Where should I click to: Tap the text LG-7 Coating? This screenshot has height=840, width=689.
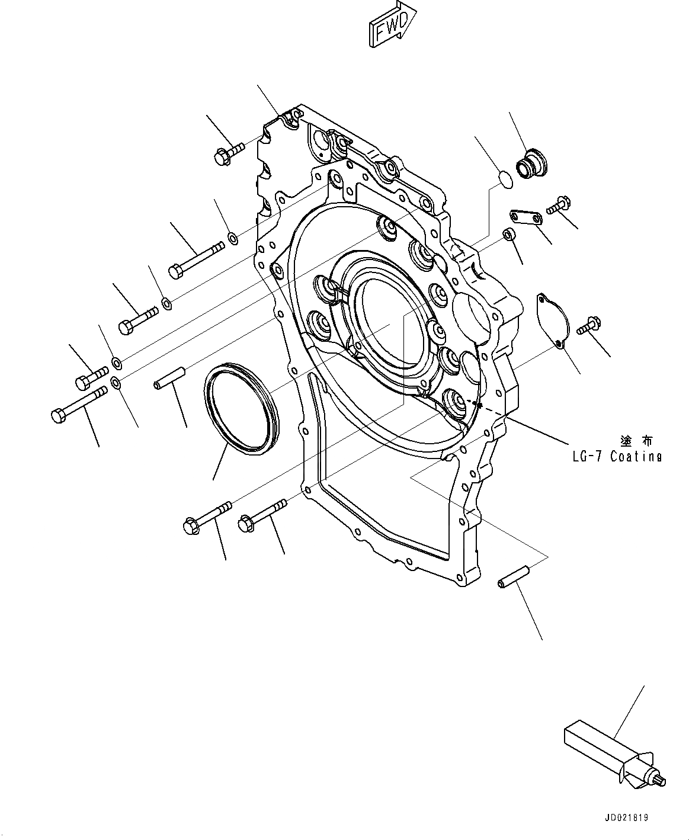pos(608,456)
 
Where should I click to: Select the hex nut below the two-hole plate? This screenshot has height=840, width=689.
pos(508,235)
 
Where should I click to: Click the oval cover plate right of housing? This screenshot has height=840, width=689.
pos(552,318)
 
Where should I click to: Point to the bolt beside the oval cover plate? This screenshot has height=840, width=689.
pos(589,324)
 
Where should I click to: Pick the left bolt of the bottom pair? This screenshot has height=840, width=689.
pos(206,517)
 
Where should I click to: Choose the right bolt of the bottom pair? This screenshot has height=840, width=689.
pos(261,514)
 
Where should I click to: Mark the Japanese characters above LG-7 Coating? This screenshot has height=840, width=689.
pos(636,441)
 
